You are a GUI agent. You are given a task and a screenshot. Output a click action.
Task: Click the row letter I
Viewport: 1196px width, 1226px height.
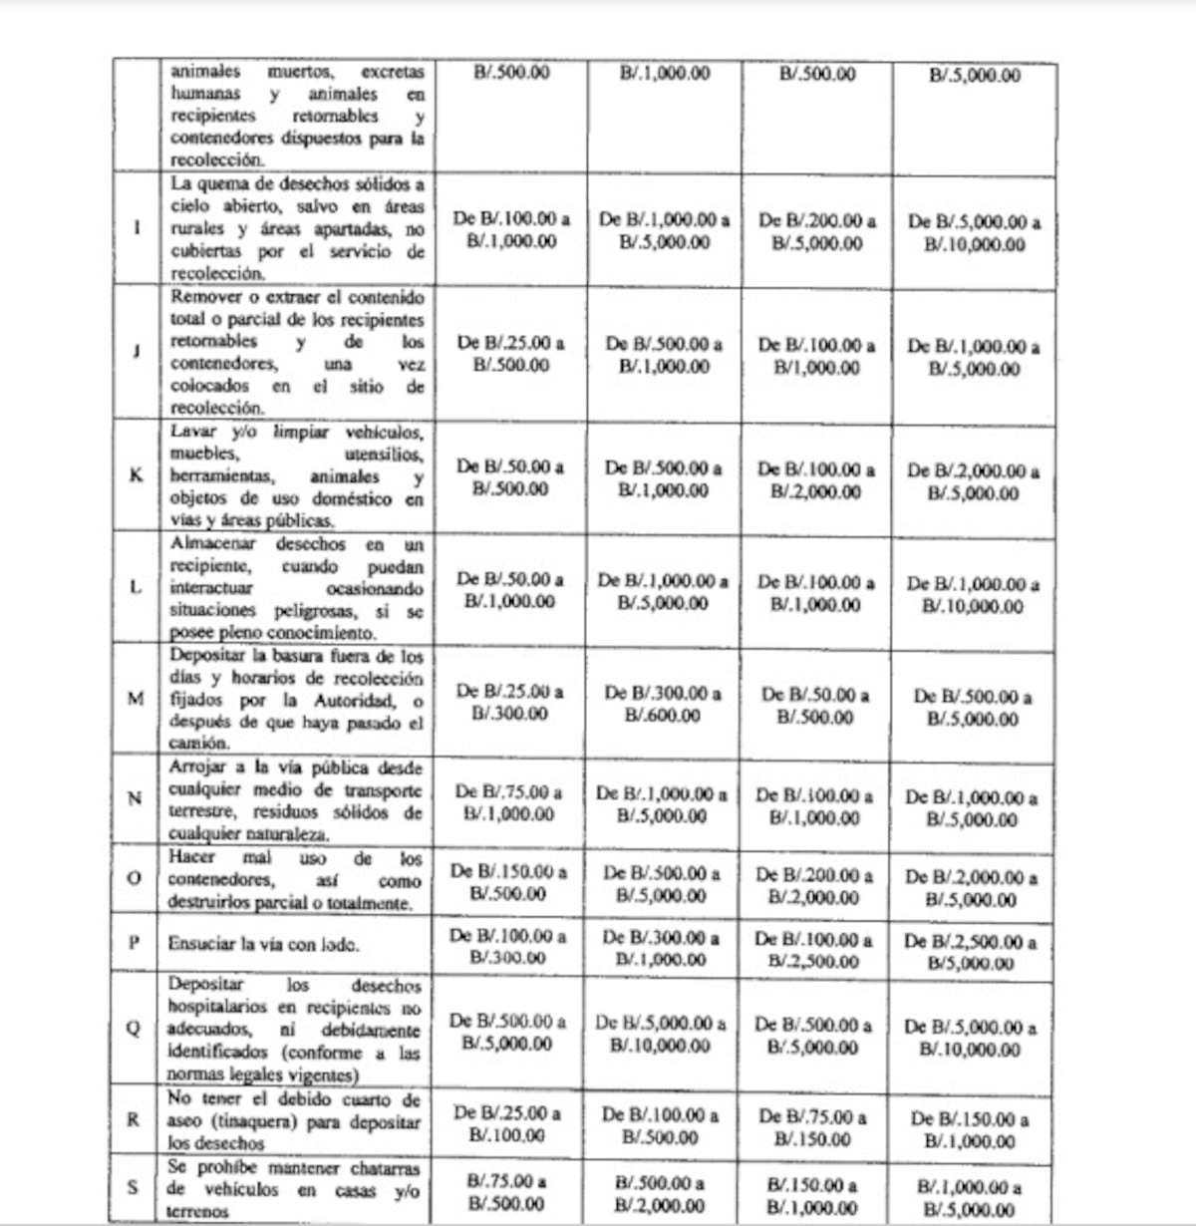point(137,228)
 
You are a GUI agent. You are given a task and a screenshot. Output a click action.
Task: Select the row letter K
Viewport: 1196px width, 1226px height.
point(137,474)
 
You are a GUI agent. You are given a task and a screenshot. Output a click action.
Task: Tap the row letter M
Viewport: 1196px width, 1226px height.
point(137,698)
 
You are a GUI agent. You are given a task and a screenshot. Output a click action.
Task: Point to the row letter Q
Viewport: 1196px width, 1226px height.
point(134,1029)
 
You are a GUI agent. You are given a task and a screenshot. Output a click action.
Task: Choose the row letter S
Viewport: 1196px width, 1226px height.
point(134,1188)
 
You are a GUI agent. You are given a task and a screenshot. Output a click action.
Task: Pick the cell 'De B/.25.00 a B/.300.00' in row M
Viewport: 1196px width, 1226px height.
point(509,702)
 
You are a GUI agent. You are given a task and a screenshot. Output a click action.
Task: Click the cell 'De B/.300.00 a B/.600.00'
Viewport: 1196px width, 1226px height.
point(663,704)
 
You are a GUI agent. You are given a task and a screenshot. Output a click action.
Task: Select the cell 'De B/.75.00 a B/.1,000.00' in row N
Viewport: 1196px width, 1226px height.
point(508,802)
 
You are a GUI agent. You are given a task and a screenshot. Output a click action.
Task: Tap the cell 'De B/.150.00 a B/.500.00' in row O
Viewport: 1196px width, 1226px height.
point(508,882)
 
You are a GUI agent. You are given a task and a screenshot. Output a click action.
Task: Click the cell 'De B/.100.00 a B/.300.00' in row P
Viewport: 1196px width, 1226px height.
point(508,946)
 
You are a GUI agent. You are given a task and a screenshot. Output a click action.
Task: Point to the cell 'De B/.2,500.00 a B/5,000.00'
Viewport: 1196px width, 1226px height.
point(971,952)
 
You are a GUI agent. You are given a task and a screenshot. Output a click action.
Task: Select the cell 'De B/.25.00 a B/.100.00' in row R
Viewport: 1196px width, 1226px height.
point(507,1123)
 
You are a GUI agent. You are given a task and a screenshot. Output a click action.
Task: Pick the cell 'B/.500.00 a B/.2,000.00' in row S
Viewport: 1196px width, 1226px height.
point(661,1194)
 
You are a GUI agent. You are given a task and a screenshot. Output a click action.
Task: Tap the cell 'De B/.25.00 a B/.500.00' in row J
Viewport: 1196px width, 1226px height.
point(510,354)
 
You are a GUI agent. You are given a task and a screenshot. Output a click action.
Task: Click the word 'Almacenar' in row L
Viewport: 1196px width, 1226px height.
point(213,544)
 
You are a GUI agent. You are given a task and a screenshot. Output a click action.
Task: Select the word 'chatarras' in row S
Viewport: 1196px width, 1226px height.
point(383,1167)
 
